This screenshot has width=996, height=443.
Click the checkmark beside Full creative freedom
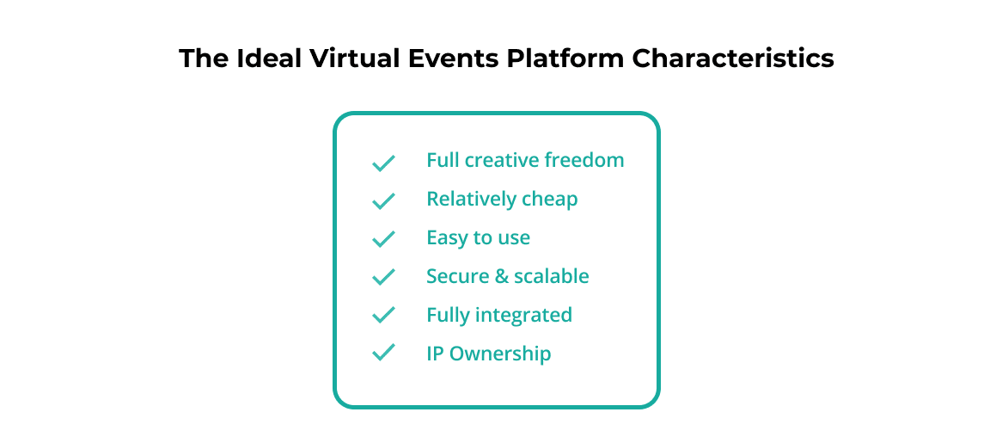[x=383, y=163]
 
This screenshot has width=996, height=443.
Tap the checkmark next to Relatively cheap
[x=383, y=200]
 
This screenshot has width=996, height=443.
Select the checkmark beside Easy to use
[x=383, y=238]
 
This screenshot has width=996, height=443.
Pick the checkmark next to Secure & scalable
[x=383, y=277]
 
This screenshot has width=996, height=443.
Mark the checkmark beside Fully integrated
[x=383, y=315]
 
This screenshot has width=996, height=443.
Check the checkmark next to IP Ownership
[x=383, y=353]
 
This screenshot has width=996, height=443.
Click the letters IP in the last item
[x=436, y=354]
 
